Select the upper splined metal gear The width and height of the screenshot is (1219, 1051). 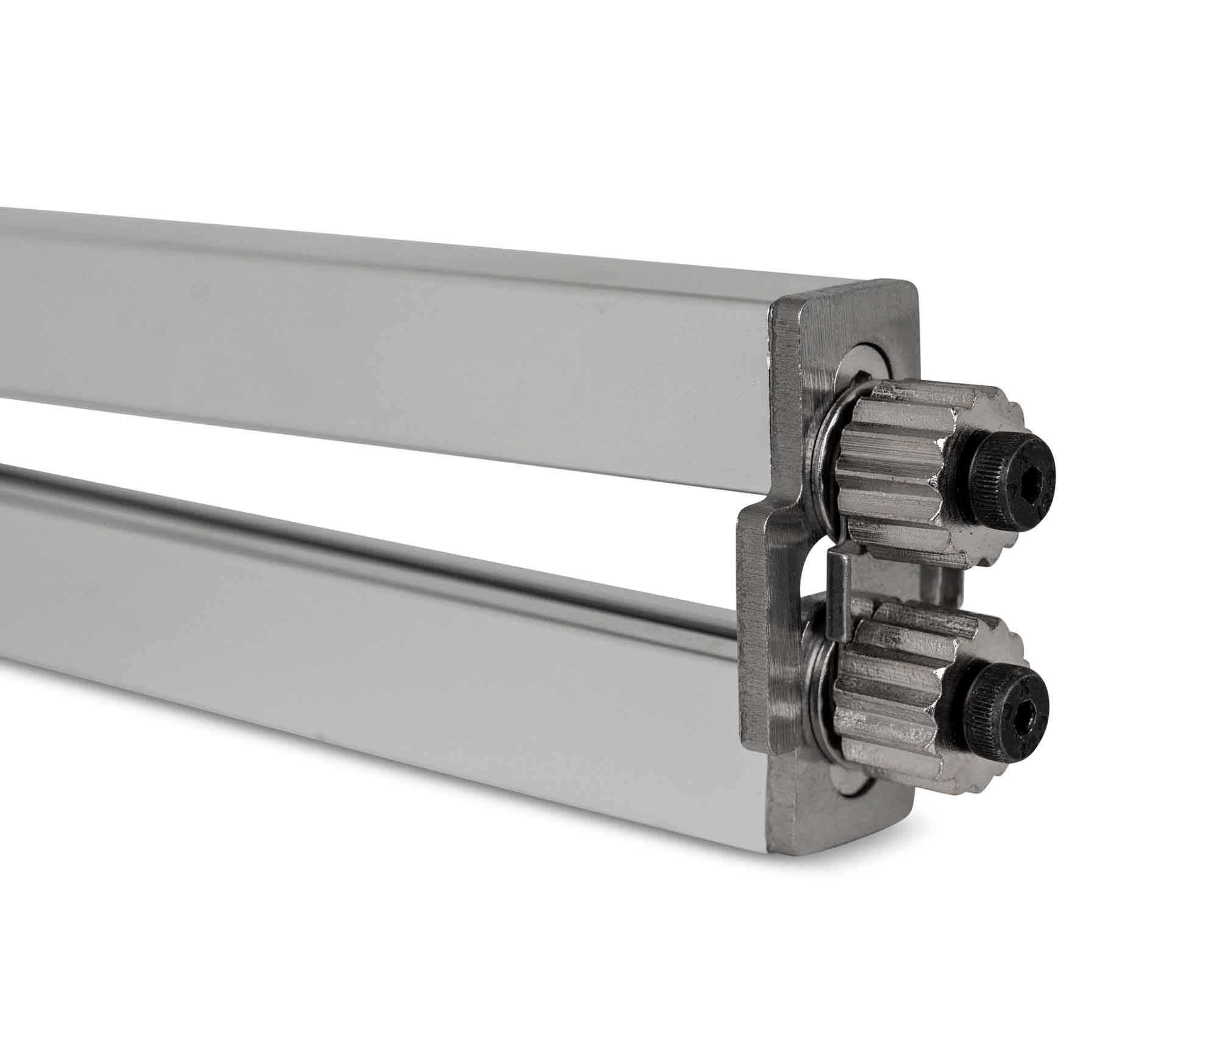point(914,463)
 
